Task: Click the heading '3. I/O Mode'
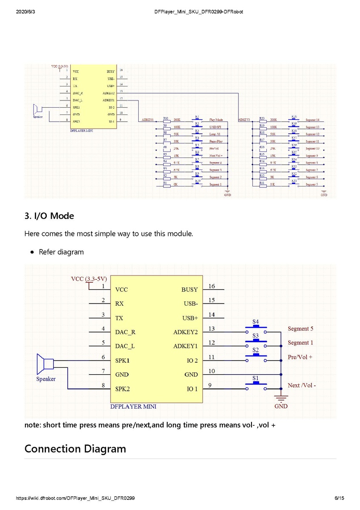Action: click(49, 216)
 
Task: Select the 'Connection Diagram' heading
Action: click(75, 449)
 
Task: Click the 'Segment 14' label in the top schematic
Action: click(312, 120)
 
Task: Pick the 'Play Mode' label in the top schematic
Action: click(216, 120)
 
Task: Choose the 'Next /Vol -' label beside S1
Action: click(301, 385)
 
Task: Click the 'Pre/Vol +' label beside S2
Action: click(300, 357)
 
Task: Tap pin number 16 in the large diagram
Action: click(212, 286)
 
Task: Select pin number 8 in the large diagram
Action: click(103, 385)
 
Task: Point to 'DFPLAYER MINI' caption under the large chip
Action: click(133, 407)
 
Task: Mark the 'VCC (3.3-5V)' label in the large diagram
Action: click(89, 279)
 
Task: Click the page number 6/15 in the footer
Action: click(339, 498)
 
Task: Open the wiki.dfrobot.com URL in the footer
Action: click(75, 498)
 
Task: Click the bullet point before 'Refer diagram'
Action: click(32, 252)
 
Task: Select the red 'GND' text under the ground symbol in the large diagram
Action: click(281, 406)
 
